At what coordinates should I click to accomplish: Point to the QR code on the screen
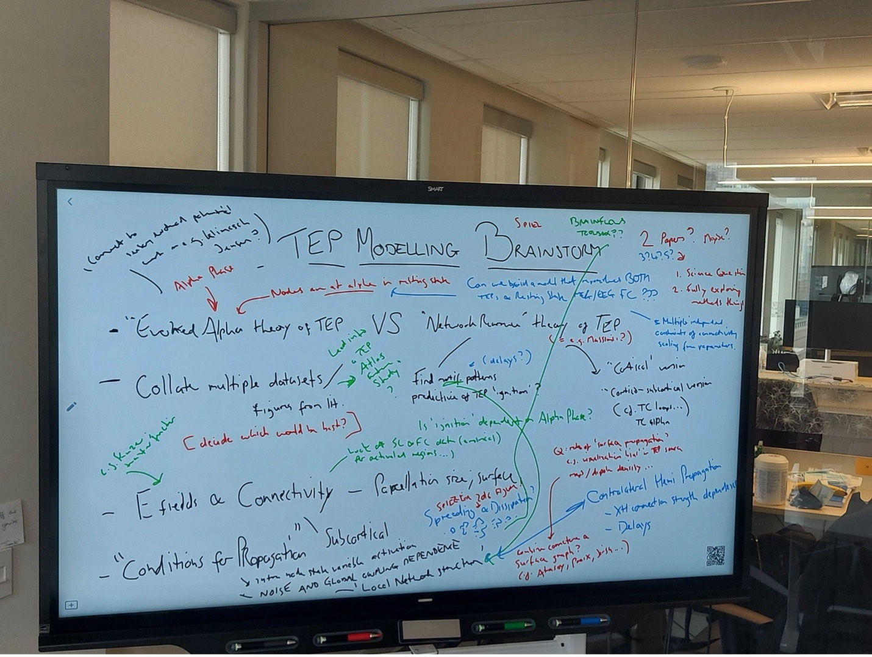715,555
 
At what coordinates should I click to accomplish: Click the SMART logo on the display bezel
435,189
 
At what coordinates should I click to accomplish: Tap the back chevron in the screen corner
70,201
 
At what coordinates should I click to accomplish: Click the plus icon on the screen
71,605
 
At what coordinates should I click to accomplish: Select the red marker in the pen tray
354,637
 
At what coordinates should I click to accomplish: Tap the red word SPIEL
528,224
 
